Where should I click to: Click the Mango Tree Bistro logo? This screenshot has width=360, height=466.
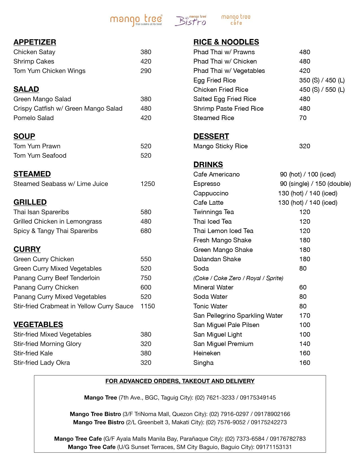(x=191, y=20)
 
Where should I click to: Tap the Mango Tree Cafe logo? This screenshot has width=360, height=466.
(x=236, y=20)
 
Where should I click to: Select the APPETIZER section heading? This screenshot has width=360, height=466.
(x=35, y=42)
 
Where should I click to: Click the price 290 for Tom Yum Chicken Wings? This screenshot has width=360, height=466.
(x=146, y=71)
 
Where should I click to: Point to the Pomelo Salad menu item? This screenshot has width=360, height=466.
(x=34, y=118)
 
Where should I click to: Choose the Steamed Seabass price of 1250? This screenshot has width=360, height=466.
(x=148, y=184)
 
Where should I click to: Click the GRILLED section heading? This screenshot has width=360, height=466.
(x=30, y=202)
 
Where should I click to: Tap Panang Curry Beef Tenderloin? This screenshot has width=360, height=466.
(x=56, y=278)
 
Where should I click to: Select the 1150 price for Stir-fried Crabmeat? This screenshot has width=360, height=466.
(x=148, y=306)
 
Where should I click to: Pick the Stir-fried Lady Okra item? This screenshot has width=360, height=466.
(x=42, y=363)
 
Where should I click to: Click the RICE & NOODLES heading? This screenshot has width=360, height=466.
(x=226, y=42)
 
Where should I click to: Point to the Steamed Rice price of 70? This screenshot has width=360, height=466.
(x=303, y=118)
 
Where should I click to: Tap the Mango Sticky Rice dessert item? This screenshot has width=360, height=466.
(x=221, y=146)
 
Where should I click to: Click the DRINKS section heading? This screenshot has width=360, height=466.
(x=208, y=165)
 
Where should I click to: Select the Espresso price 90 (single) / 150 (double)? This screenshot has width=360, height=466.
(x=315, y=184)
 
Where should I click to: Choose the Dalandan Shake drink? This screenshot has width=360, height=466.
(x=217, y=259)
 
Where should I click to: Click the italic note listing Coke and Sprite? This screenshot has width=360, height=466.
(x=238, y=278)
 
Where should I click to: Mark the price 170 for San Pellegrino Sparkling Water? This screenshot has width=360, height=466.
(x=305, y=316)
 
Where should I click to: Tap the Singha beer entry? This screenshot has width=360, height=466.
(x=203, y=363)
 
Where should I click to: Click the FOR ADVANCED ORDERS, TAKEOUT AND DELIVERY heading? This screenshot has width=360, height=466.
(x=180, y=381)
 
